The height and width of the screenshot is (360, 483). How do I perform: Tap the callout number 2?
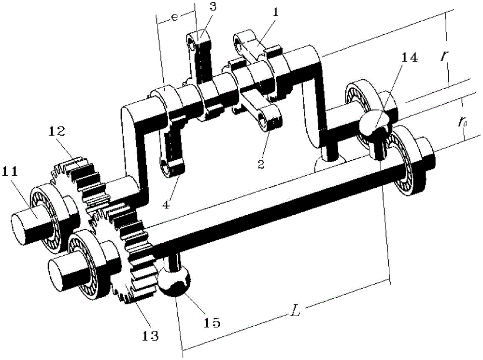(261, 164)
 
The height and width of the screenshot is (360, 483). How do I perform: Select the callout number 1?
(276, 13)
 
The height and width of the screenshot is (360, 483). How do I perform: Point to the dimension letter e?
(174, 17)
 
